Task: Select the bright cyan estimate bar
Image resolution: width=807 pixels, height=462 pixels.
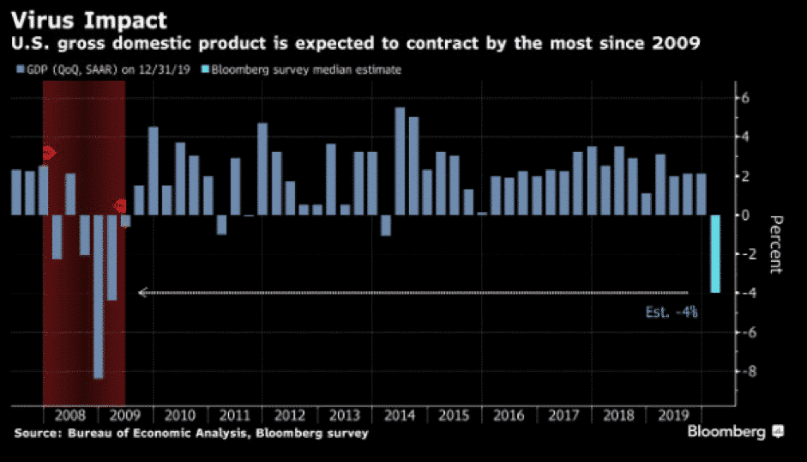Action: pos(714,253)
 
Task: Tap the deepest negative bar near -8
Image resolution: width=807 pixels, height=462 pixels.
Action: pos(98,296)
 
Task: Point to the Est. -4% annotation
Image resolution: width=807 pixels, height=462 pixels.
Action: pos(671,313)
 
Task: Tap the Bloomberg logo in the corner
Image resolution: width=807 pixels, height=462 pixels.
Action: pos(734,432)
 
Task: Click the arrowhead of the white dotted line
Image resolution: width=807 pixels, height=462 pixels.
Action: pos(142,293)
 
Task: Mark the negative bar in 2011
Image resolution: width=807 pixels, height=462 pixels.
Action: pos(221,224)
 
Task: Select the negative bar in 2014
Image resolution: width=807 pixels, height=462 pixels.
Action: pos(385,225)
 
